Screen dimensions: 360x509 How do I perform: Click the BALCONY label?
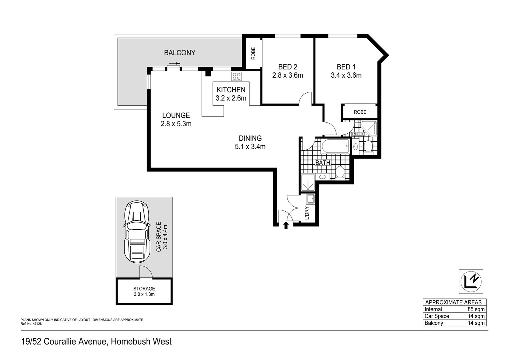click(x=180, y=53)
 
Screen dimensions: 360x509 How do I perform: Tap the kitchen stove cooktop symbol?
click(x=237, y=76)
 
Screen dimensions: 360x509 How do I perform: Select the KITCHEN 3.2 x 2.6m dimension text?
click(x=231, y=98)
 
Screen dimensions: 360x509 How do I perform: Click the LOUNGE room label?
click(x=176, y=115)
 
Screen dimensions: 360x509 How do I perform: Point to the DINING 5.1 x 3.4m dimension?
click(x=250, y=147)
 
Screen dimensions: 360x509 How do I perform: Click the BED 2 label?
click(x=287, y=67)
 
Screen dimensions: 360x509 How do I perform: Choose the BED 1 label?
click(x=346, y=67)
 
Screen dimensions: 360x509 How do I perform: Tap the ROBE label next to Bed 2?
click(x=253, y=53)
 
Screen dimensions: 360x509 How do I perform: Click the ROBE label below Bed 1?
click(x=360, y=112)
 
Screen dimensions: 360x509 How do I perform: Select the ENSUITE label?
click(x=358, y=134)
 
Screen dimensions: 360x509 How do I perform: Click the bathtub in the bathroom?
click(x=335, y=146)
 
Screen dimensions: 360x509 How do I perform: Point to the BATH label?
click(x=323, y=163)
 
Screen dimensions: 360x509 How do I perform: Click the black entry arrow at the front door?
click(x=285, y=226)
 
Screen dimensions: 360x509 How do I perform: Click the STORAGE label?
click(x=144, y=289)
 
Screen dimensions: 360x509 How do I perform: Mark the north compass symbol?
click(x=471, y=281)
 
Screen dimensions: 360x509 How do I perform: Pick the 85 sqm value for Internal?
click(x=476, y=309)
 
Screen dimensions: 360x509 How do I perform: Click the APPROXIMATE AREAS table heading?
click(x=453, y=302)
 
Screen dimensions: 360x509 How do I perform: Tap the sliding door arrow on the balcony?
click(x=174, y=64)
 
